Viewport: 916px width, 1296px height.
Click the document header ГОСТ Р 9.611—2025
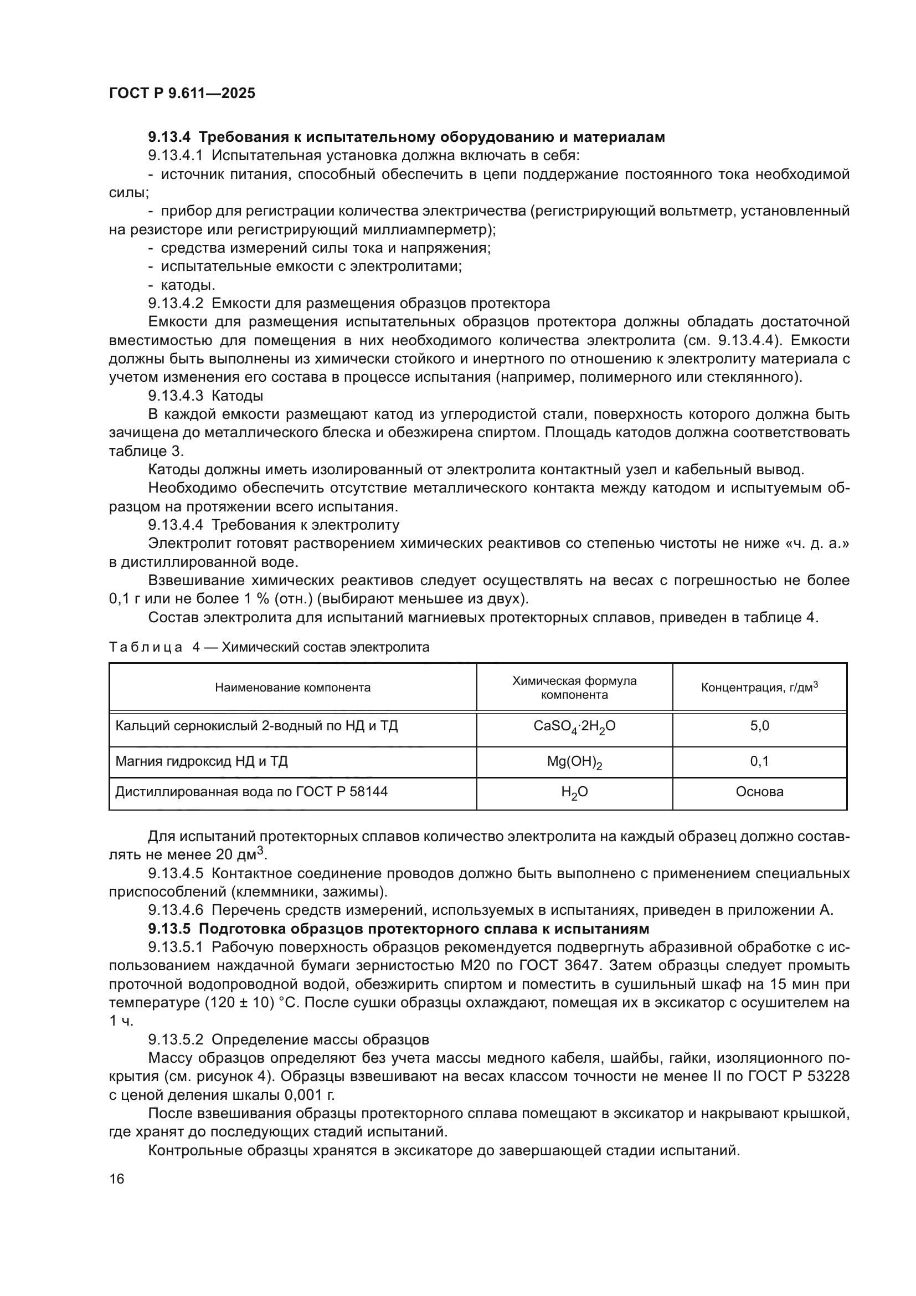click(182, 93)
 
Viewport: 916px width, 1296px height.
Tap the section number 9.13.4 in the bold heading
click(169, 137)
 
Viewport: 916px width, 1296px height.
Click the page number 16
click(117, 1179)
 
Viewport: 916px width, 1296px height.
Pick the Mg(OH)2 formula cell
click(574, 762)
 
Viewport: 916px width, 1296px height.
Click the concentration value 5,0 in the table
click(759, 726)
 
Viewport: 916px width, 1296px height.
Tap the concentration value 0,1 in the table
click(759, 761)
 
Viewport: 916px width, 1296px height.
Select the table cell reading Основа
click(759, 792)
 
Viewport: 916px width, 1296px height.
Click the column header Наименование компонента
click(292, 688)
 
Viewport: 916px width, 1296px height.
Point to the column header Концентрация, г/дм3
click(759, 688)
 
